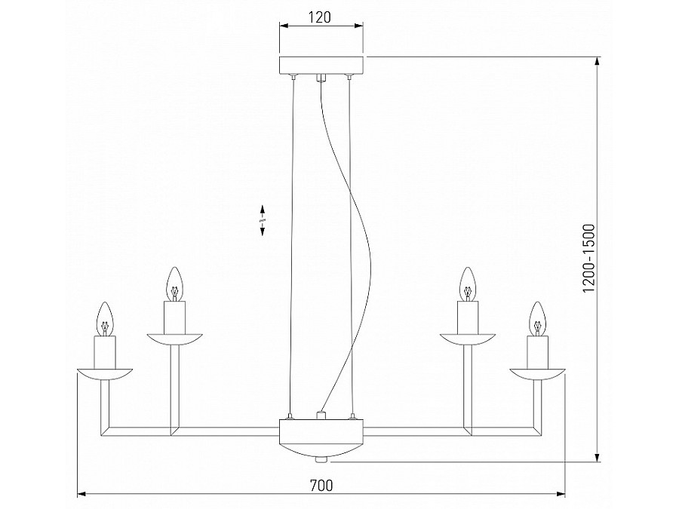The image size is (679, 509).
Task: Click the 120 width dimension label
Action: tap(321, 17)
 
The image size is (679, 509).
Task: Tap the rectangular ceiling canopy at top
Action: tap(321, 65)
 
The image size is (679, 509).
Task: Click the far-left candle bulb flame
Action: tap(106, 317)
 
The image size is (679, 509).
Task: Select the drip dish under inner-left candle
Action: tap(175, 337)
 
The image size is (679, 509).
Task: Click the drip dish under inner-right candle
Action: tap(467, 337)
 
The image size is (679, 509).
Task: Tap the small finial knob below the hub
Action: tap(321, 458)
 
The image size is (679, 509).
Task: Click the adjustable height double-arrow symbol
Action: tap(262, 219)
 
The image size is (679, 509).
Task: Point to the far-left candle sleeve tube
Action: tap(106, 350)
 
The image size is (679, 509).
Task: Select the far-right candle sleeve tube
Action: tap(536, 350)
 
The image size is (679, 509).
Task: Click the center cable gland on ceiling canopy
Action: tap(321, 76)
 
